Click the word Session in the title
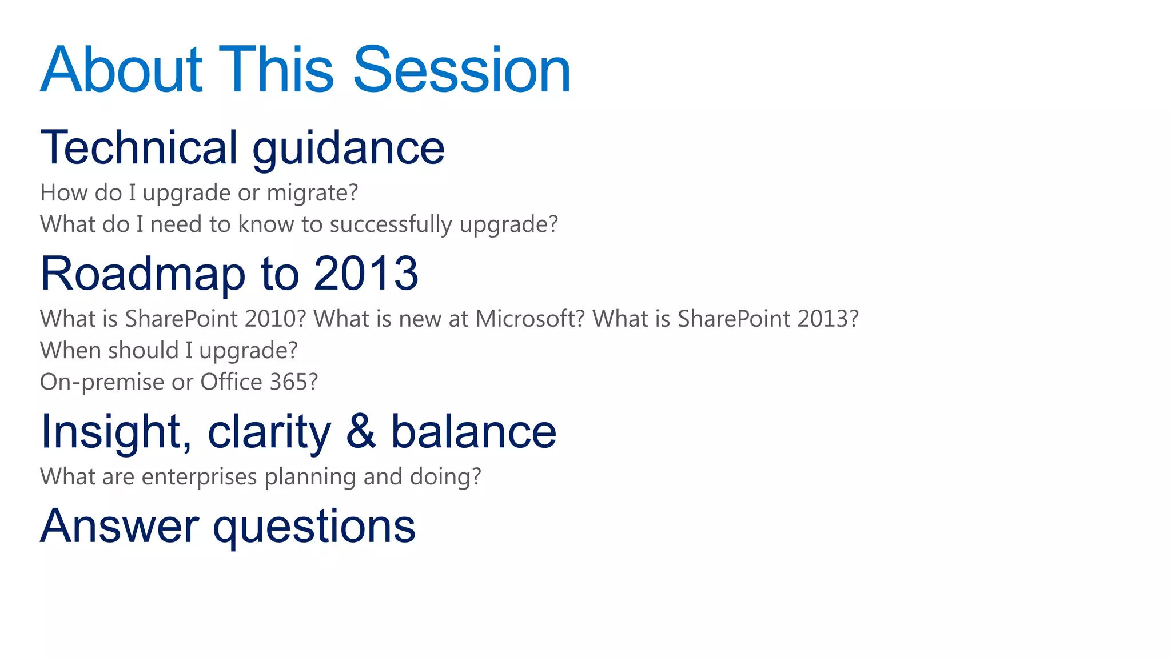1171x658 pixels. [462, 70]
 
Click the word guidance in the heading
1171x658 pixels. [348, 149]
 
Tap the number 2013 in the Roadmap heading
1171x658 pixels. [366, 273]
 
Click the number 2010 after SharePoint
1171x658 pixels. [276, 319]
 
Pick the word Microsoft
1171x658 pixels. [530, 319]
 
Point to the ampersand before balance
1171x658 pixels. [361, 431]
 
